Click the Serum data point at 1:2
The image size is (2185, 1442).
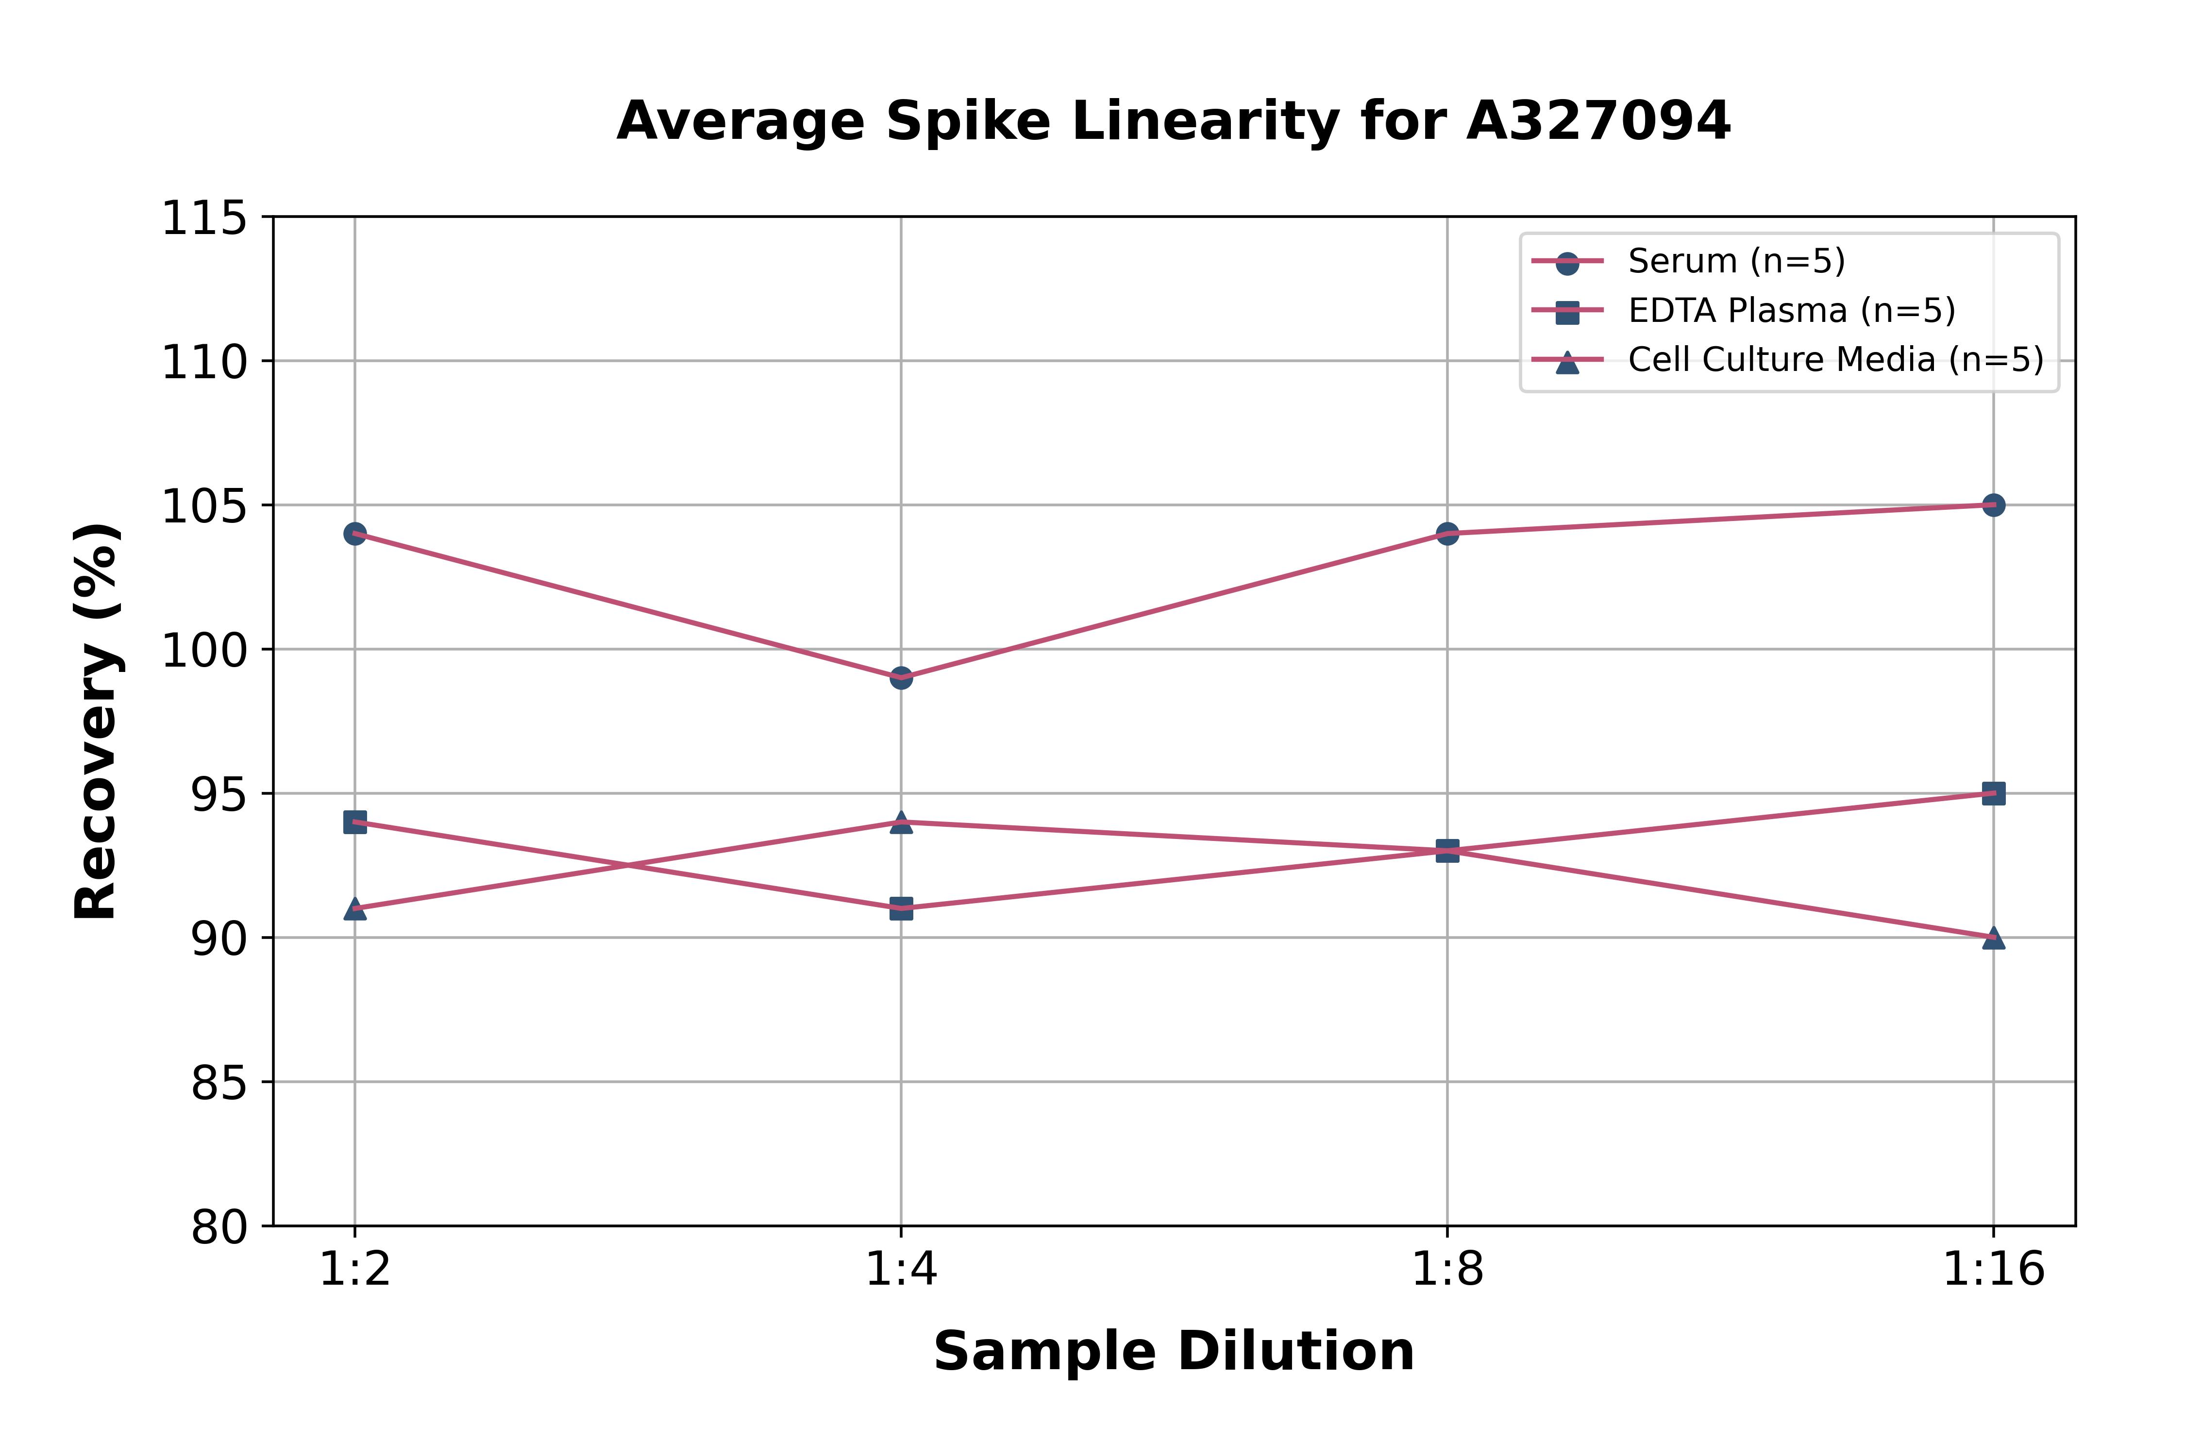pyautogui.click(x=355, y=534)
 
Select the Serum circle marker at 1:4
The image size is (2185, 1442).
pyautogui.click(x=901, y=678)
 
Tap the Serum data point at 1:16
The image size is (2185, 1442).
pyautogui.click(x=1993, y=505)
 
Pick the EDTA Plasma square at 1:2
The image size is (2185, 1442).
pyautogui.click(x=355, y=822)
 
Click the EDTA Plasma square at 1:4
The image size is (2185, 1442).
pyautogui.click(x=901, y=908)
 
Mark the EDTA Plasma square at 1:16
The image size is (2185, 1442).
pyautogui.click(x=1993, y=794)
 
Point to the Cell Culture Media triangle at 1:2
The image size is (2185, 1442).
pyautogui.click(x=355, y=908)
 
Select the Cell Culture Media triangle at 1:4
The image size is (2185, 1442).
pyautogui.click(x=901, y=822)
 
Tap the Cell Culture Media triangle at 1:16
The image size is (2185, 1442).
pyautogui.click(x=1993, y=937)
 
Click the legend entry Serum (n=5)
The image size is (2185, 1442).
pyautogui.click(x=1736, y=261)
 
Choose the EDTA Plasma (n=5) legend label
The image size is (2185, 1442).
pyautogui.click(x=1791, y=311)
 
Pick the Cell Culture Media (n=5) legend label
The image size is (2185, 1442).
pyautogui.click(x=1835, y=360)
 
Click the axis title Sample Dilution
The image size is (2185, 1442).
pyautogui.click(x=1174, y=1352)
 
